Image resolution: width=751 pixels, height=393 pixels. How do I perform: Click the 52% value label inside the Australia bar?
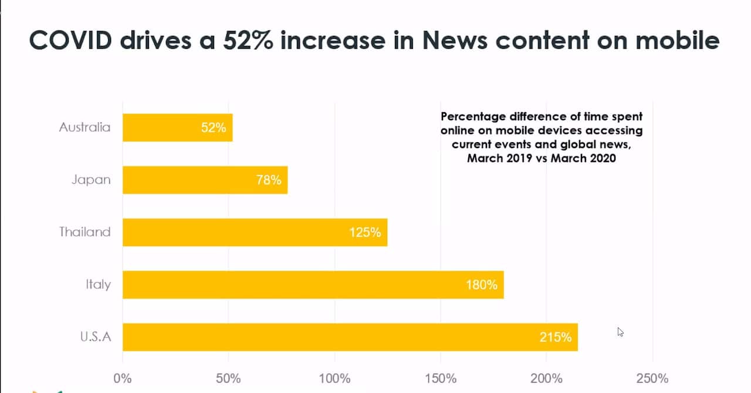[214, 127]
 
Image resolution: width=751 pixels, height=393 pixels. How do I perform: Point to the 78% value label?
[269, 180]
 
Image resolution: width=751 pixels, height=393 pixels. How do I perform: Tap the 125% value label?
[365, 232]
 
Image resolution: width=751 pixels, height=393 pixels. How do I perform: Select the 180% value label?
[482, 284]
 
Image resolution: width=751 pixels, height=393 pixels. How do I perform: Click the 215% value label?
[556, 337]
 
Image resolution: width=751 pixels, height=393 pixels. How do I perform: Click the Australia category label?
[84, 127]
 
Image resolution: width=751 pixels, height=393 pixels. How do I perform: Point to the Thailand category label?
[84, 232]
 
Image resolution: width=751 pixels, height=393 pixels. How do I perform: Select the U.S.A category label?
[95, 337]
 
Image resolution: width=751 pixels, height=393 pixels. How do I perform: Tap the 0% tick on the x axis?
[123, 377]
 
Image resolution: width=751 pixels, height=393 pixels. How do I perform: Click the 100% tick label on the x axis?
[334, 377]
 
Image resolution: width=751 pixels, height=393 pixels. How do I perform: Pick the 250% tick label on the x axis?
[652, 377]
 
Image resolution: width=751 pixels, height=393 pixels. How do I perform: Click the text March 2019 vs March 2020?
[541, 158]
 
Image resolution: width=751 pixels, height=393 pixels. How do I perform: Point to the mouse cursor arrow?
[620, 331]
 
